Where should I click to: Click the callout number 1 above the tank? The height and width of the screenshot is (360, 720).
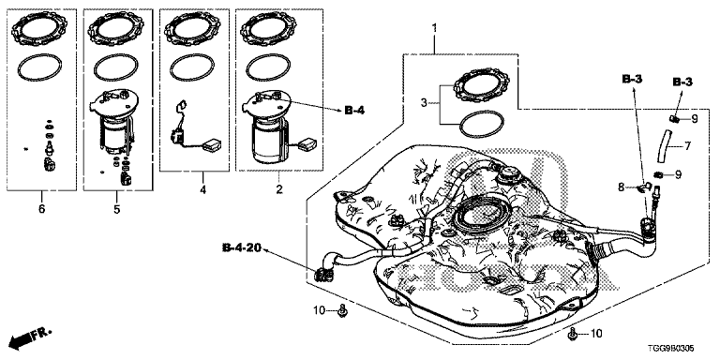click(x=434, y=29)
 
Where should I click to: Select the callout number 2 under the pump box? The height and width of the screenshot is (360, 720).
click(x=279, y=189)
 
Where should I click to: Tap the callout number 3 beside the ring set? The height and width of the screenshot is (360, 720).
click(x=424, y=102)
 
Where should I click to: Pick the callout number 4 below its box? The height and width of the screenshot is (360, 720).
click(x=202, y=189)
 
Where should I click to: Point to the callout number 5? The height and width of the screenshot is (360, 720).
click(x=116, y=209)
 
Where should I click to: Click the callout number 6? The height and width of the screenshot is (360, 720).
click(x=42, y=209)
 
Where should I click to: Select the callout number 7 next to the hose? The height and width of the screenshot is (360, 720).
click(x=687, y=146)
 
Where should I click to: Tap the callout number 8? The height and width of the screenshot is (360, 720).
click(x=621, y=187)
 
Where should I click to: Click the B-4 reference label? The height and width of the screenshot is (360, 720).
click(x=354, y=111)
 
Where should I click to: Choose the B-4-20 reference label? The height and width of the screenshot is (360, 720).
click(x=242, y=248)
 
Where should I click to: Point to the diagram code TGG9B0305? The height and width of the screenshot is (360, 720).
click(x=674, y=351)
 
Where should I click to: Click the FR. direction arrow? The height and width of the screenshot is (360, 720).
click(x=31, y=337)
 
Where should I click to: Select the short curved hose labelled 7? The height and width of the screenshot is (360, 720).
click(x=664, y=146)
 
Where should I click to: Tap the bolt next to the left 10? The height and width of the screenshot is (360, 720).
click(x=342, y=310)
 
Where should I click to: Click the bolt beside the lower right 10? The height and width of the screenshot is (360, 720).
click(x=572, y=335)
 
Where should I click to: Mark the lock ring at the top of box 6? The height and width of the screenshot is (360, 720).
click(x=40, y=29)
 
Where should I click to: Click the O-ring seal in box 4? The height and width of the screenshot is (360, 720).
click(x=192, y=67)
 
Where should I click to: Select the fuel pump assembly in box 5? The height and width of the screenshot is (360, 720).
click(x=113, y=123)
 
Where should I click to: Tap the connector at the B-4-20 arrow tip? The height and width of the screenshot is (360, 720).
click(x=322, y=274)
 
